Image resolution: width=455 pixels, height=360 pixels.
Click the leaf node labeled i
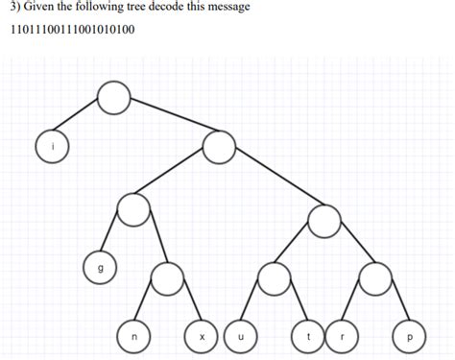pyautogui.click(x=53, y=146)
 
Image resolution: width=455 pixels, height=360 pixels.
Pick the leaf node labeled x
pyautogui.click(x=202, y=336)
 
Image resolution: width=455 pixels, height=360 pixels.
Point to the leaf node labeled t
pyautogui.click(x=308, y=336)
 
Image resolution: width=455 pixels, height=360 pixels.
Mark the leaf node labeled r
pyautogui.click(x=343, y=336)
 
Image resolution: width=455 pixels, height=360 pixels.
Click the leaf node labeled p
pyautogui.click(x=411, y=336)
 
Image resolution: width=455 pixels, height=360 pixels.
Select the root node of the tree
pyautogui.click(x=113, y=96)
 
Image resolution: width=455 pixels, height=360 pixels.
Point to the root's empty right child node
pyautogui.click(x=219, y=147)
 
